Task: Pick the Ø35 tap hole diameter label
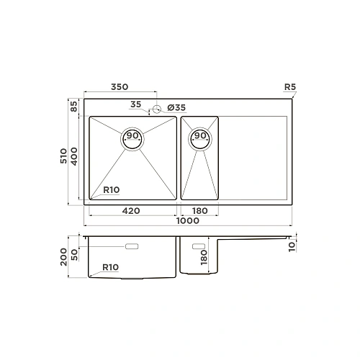(x=176, y=107)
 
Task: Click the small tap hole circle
(x=155, y=110)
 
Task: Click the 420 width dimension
(x=131, y=211)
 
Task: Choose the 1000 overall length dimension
(x=187, y=222)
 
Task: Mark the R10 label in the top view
(x=111, y=190)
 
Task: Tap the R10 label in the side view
(x=111, y=267)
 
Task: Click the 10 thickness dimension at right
(x=291, y=246)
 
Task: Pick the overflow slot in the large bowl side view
(x=134, y=247)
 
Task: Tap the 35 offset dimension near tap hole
(x=136, y=105)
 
